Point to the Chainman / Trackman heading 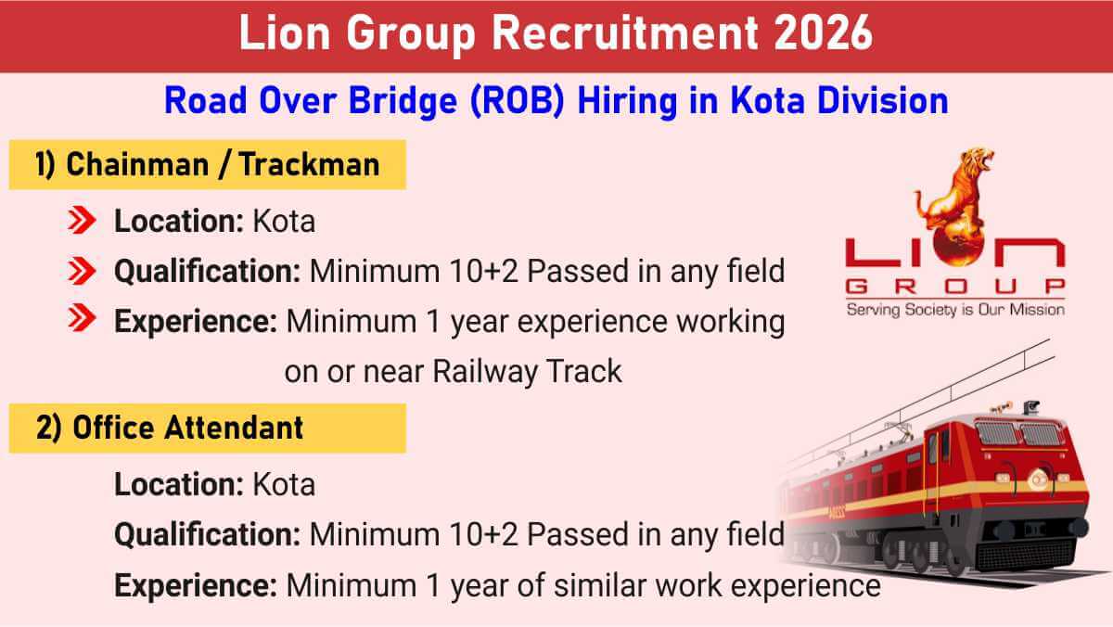[207, 164]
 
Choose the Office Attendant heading [170, 428]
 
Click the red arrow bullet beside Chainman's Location [83, 222]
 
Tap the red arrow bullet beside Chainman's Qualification [83, 272]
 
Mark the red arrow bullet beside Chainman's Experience [83, 322]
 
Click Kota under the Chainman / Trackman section [283, 222]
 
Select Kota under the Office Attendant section [283, 484]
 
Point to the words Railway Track [527, 372]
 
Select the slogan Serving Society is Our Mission [954, 309]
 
